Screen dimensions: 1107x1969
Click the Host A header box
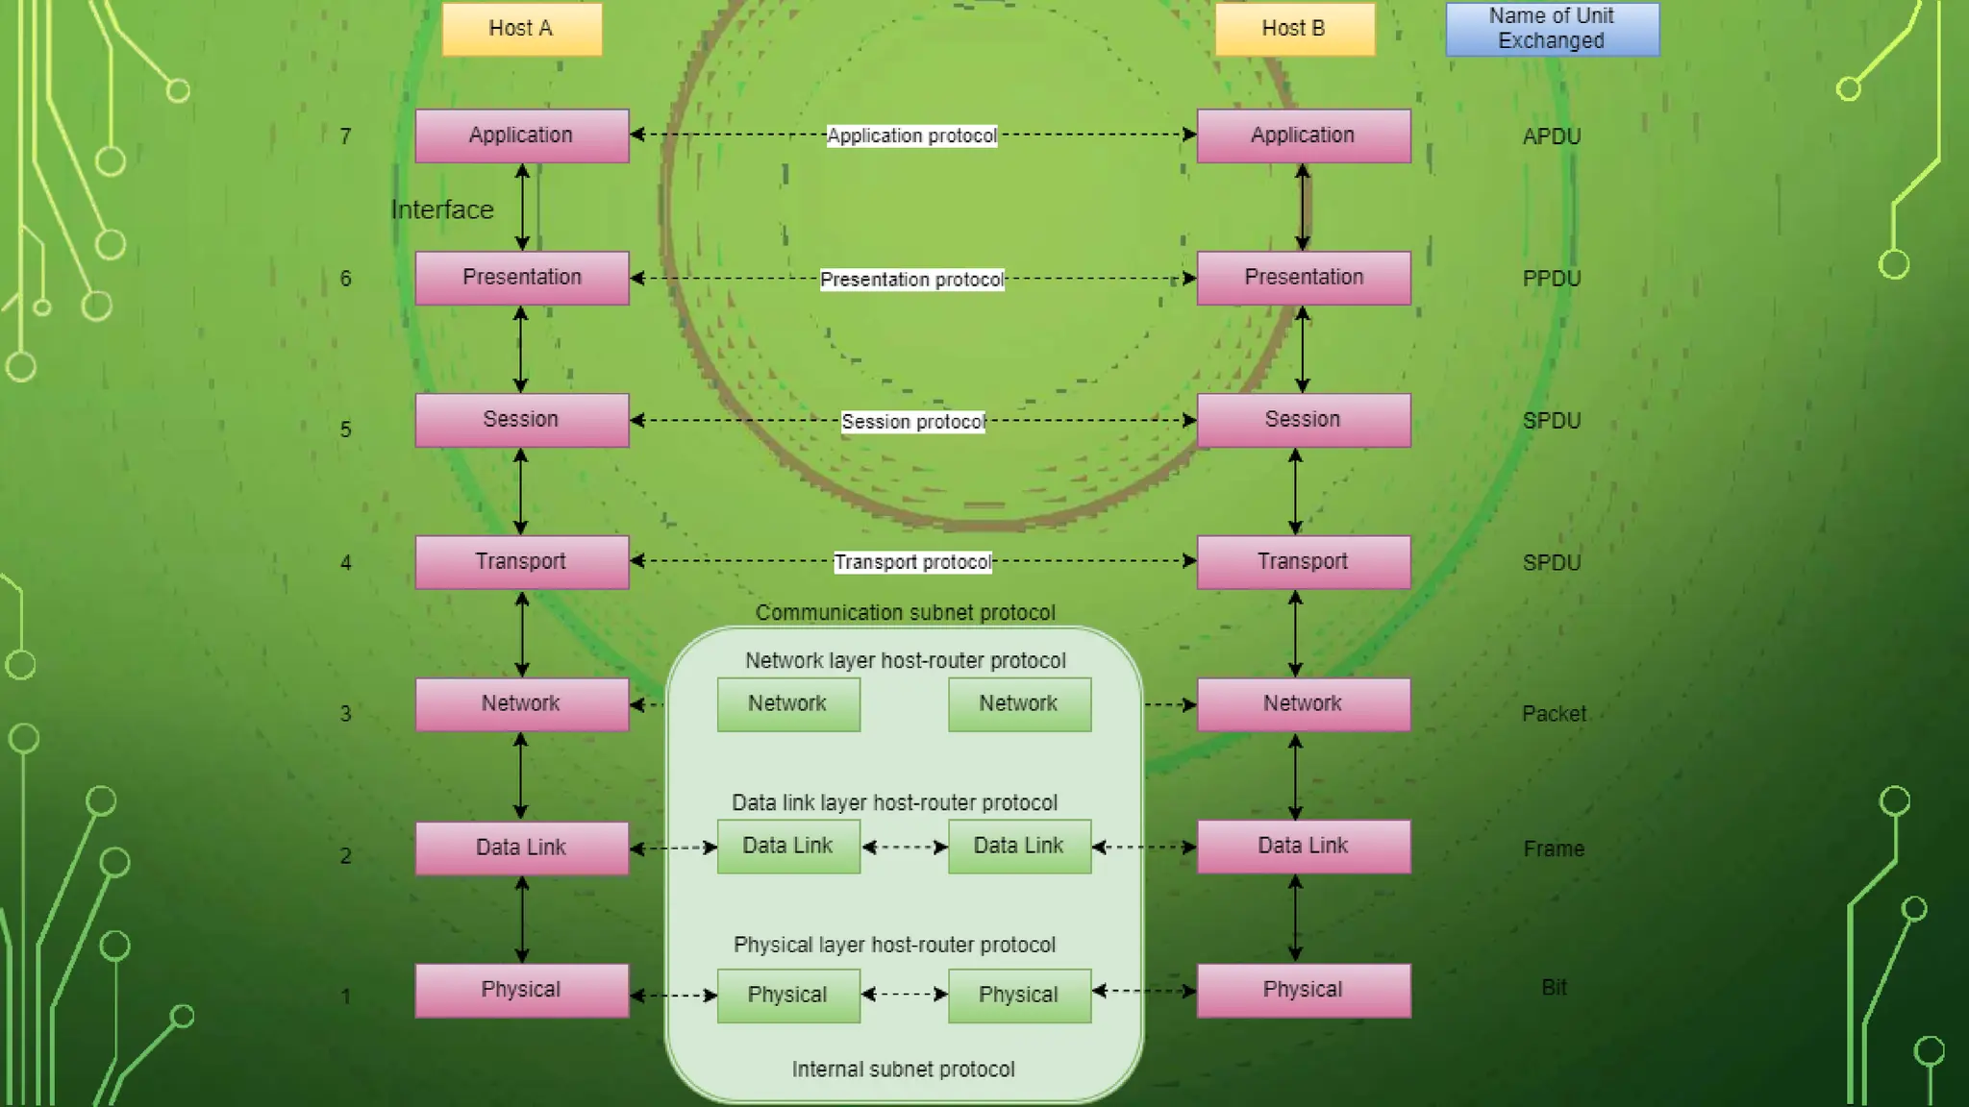521,29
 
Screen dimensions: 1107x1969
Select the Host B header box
1294,29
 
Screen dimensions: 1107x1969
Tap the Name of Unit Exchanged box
1552,29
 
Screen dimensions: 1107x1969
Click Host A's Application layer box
521,135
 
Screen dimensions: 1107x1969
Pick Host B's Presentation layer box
1304,278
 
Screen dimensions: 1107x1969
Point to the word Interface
442,209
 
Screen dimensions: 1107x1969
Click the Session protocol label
912,422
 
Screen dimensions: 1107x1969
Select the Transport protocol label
912,562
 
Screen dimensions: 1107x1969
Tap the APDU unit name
1552,136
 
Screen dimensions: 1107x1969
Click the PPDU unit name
1552,279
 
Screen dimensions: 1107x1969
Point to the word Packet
1554,714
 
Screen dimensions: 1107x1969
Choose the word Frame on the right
1554,849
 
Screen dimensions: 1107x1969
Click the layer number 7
345,136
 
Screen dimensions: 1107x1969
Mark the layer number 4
345,563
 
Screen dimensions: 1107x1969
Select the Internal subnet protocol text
903,1070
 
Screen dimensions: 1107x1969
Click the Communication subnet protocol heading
905,613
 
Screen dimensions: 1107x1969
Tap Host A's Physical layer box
521,991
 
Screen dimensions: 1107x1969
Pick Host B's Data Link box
1304,847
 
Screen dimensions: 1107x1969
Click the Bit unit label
1554,988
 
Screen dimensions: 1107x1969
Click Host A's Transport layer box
521,562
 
